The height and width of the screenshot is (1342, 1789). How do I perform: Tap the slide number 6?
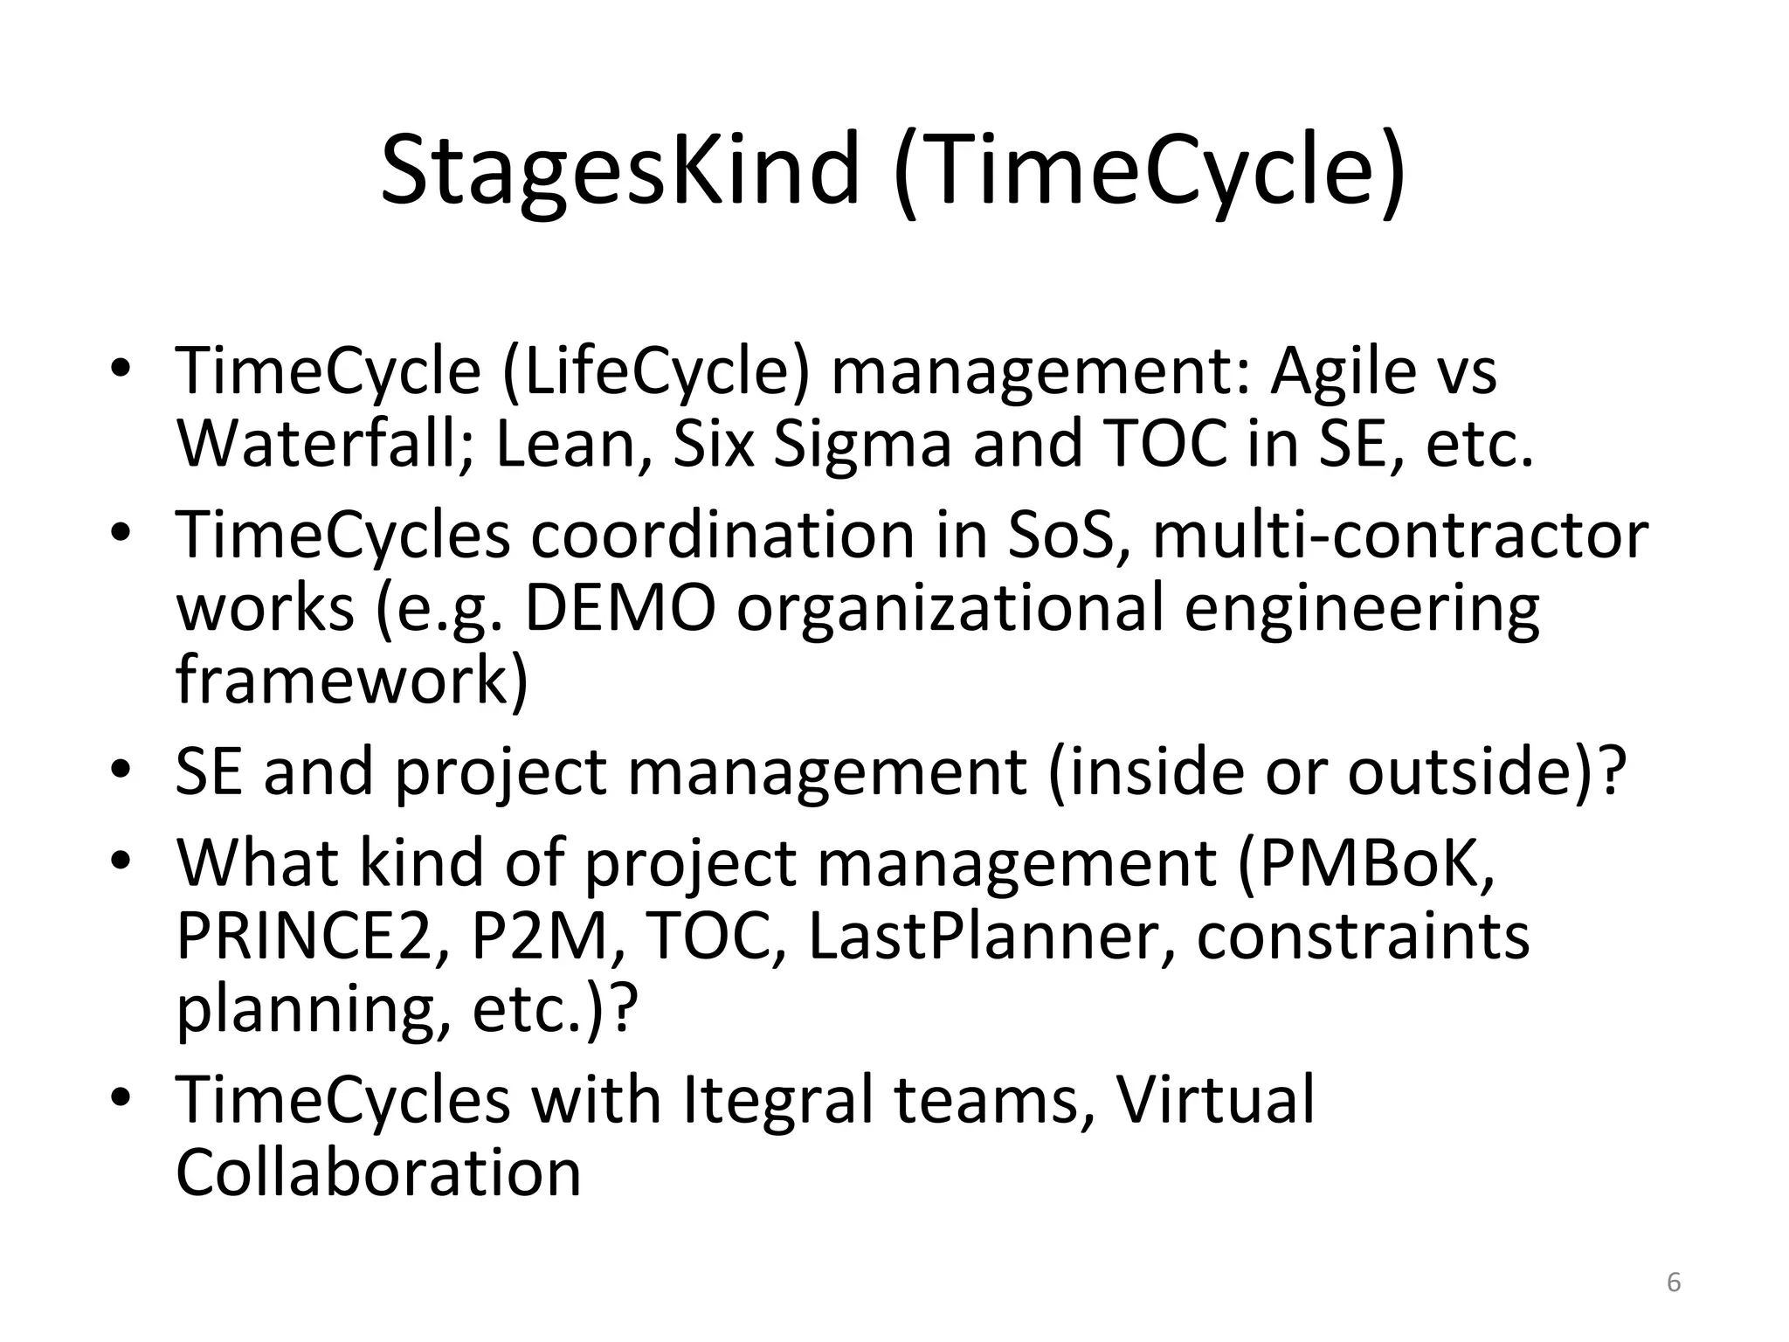tap(1674, 1283)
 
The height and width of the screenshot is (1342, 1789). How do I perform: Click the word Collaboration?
tap(378, 1173)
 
